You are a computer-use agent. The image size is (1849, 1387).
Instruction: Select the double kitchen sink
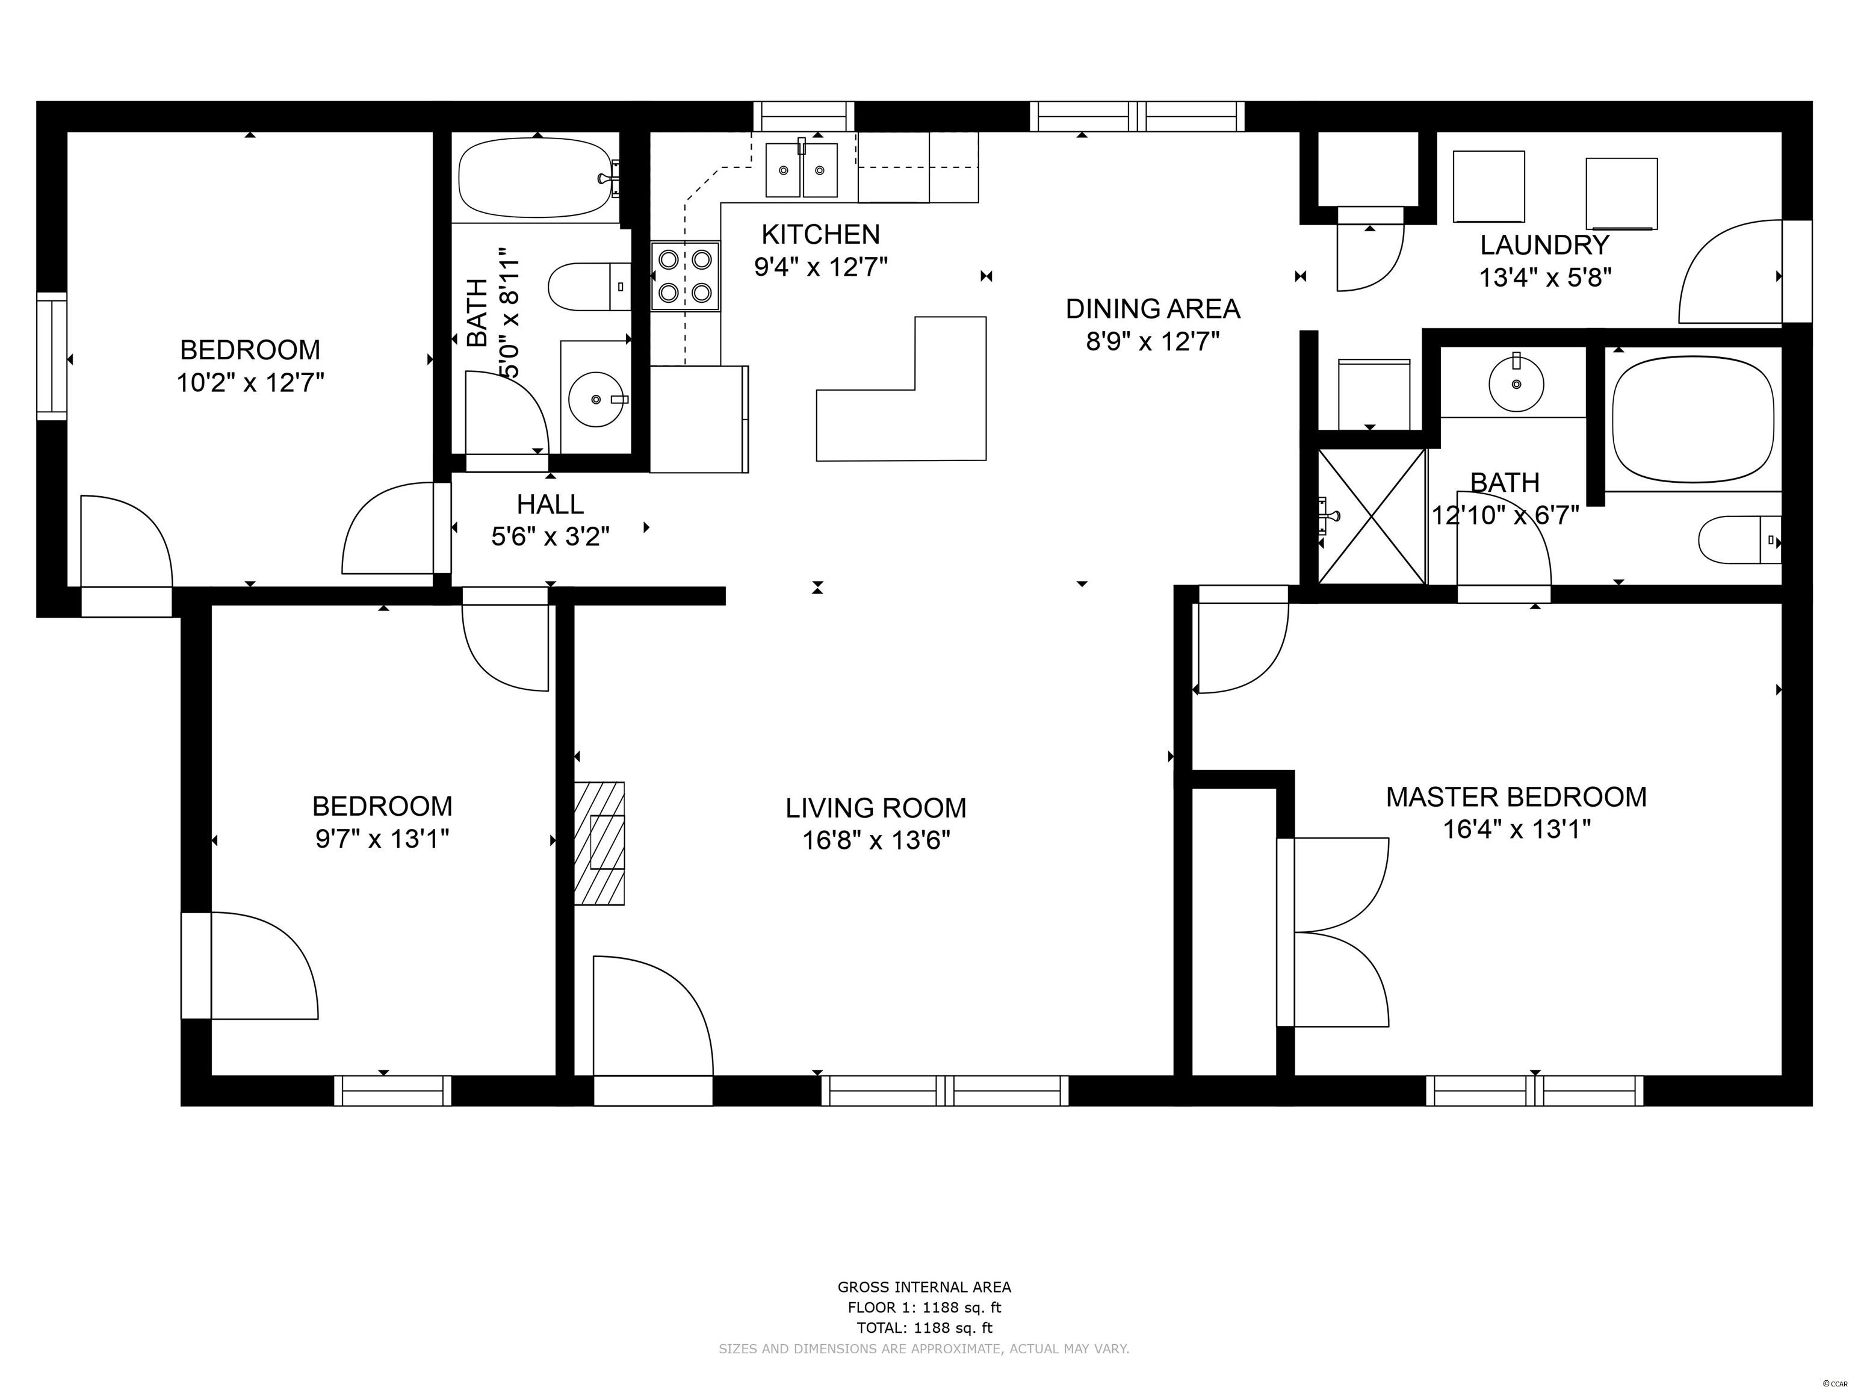pyautogui.click(x=802, y=170)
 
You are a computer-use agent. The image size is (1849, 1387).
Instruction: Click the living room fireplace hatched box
pyautogui.click(x=599, y=843)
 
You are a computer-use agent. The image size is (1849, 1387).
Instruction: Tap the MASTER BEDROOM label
pyautogui.click(x=1516, y=797)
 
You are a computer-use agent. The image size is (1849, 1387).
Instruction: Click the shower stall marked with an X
pyautogui.click(x=1372, y=516)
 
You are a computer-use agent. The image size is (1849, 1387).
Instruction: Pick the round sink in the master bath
pyautogui.click(x=1516, y=383)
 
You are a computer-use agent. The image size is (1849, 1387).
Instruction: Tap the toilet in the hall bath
pyautogui.click(x=589, y=287)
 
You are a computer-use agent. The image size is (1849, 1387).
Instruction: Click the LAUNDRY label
pyautogui.click(x=1544, y=245)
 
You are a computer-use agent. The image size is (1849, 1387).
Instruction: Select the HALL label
pyautogui.click(x=550, y=504)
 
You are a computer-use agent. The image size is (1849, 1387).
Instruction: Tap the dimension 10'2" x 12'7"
pyautogui.click(x=250, y=383)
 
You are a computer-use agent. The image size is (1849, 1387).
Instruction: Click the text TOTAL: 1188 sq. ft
pyautogui.click(x=924, y=1327)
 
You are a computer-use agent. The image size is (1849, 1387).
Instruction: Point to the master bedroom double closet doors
pyautogui.click(x=1333, y=932)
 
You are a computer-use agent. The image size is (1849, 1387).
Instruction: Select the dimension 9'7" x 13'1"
pyautogui.click(x=382, y=839)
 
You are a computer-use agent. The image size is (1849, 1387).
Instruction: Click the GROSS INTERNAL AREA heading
pyautogui.click(x=924, y=1288)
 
